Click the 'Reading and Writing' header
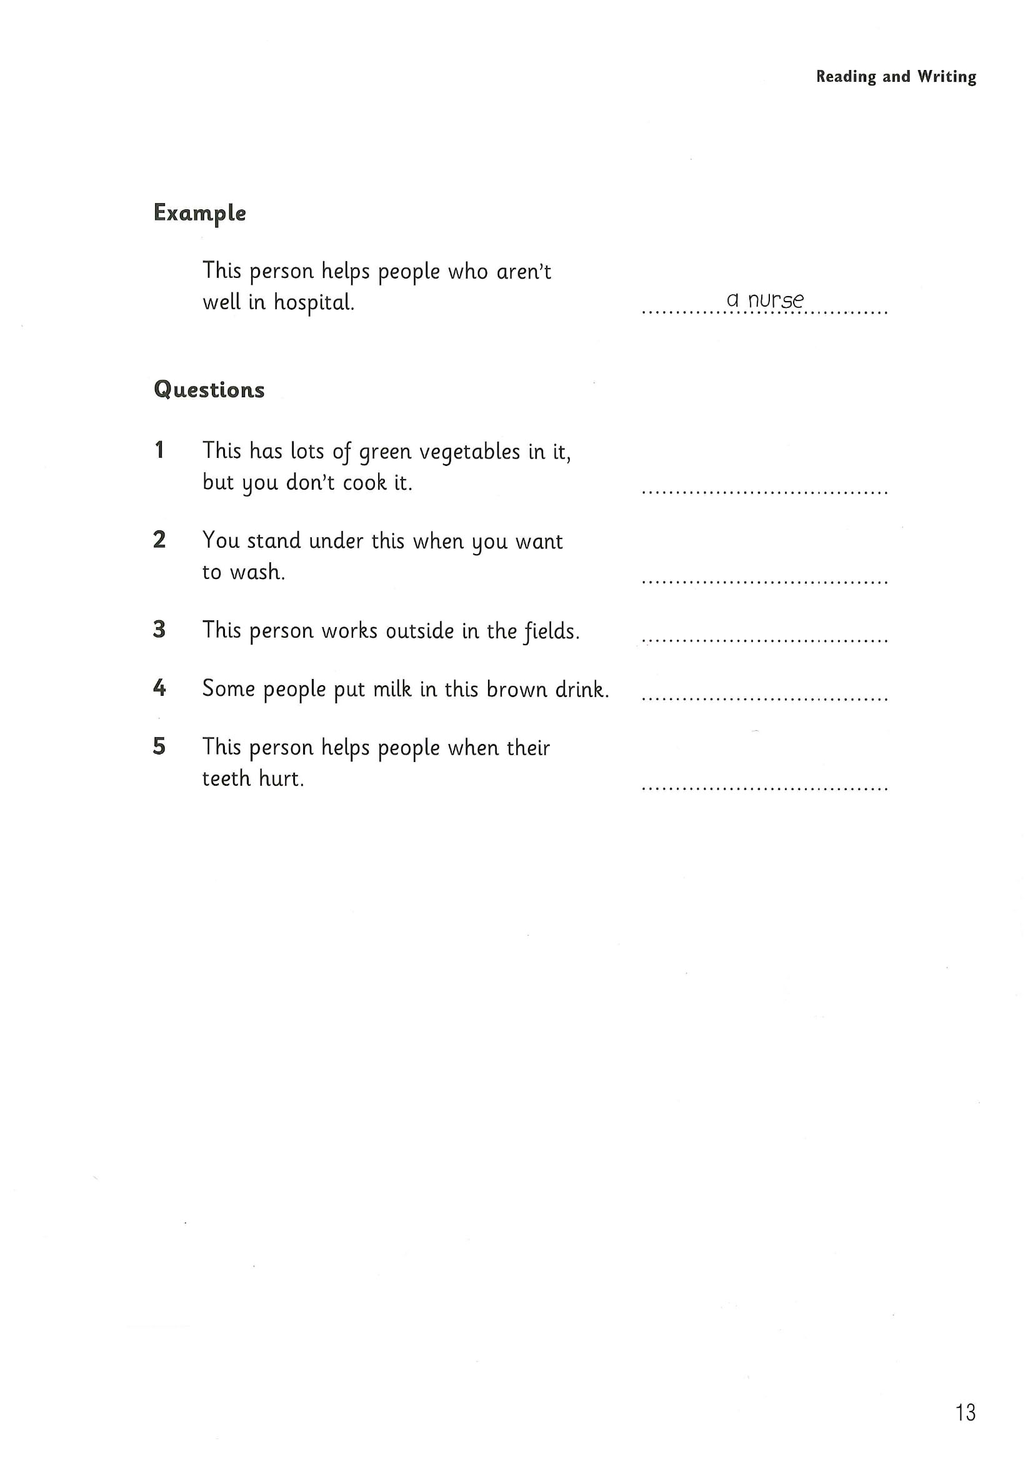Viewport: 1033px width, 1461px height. [x=896, y=77]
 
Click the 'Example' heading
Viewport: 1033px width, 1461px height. [x=199, y=213]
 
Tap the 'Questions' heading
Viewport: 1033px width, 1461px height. [x=209, y=389]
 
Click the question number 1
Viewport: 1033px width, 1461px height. [x=159, y=450]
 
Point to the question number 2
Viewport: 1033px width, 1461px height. [x=159, y=540]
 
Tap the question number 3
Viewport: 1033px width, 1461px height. [x=159, y=630]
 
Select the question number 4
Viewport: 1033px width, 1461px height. [x=159, y=688]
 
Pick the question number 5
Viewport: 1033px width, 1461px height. [x=159, y=746]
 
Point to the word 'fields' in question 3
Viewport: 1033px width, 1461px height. [x=551, y=631]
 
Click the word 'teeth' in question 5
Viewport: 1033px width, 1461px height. [x=225, y=778]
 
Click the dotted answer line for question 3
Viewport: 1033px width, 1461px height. [x=764, y=640]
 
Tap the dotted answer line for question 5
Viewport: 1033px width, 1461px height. [x=764, y=788]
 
